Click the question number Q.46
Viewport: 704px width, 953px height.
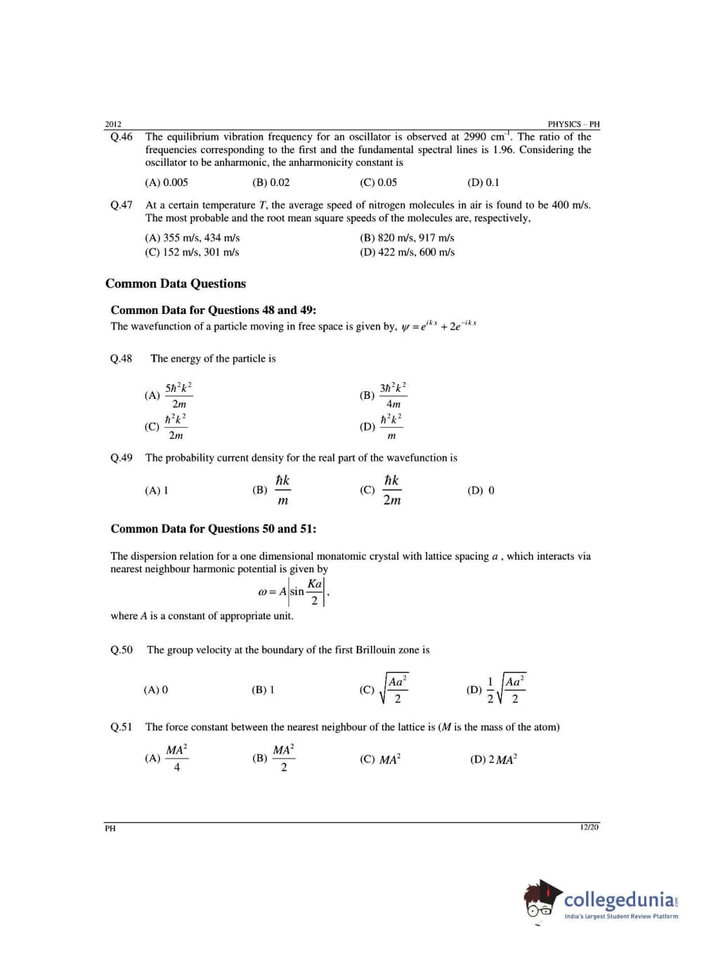[x=121, y=137]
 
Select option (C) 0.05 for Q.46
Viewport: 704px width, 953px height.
[x=378, y=183]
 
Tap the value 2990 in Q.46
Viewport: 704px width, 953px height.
[x=475, y=137]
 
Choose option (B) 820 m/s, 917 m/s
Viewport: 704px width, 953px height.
[x=407, y=238]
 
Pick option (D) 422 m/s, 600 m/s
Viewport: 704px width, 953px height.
[x=407, y=252]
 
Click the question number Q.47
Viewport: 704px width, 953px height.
[x=121, y=205]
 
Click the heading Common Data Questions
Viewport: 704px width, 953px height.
[x=176, y=284]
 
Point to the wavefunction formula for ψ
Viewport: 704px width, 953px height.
[x=438, y=326]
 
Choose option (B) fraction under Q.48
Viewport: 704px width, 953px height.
[x=384, y=395]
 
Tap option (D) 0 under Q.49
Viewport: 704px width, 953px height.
[x=481, y=491]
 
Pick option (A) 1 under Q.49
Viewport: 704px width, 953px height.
[x=157, y=491]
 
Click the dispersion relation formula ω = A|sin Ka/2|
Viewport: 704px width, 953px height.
[x=293, y=591]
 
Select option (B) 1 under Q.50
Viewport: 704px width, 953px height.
[x=263, y=690]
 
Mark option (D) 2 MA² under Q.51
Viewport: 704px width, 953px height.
[x=493, y=760]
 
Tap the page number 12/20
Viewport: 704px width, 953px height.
[x=589, y=827]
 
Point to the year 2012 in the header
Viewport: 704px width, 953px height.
[x=113, y=124]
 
